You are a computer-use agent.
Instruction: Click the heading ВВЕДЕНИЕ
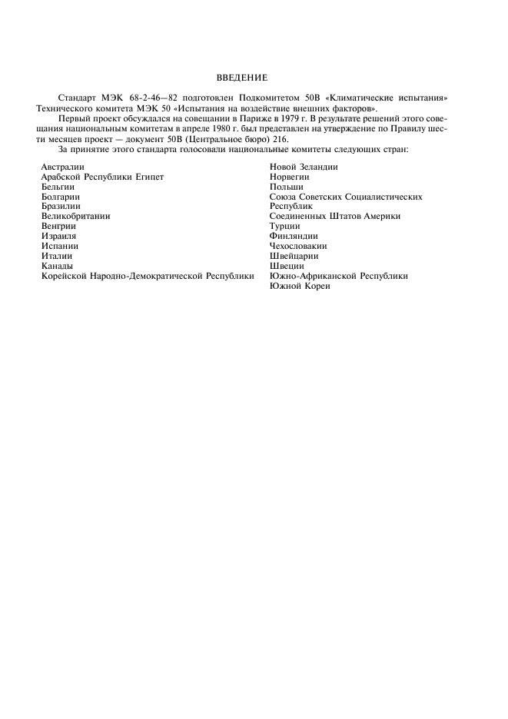pos(241,77)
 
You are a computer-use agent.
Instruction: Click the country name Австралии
pos(63,167)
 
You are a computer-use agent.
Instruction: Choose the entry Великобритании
pos(75,217)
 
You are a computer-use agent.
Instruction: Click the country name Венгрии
pos(58,227)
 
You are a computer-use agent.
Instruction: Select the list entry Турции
pos(285,227)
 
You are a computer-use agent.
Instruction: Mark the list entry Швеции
pos(286,266)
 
